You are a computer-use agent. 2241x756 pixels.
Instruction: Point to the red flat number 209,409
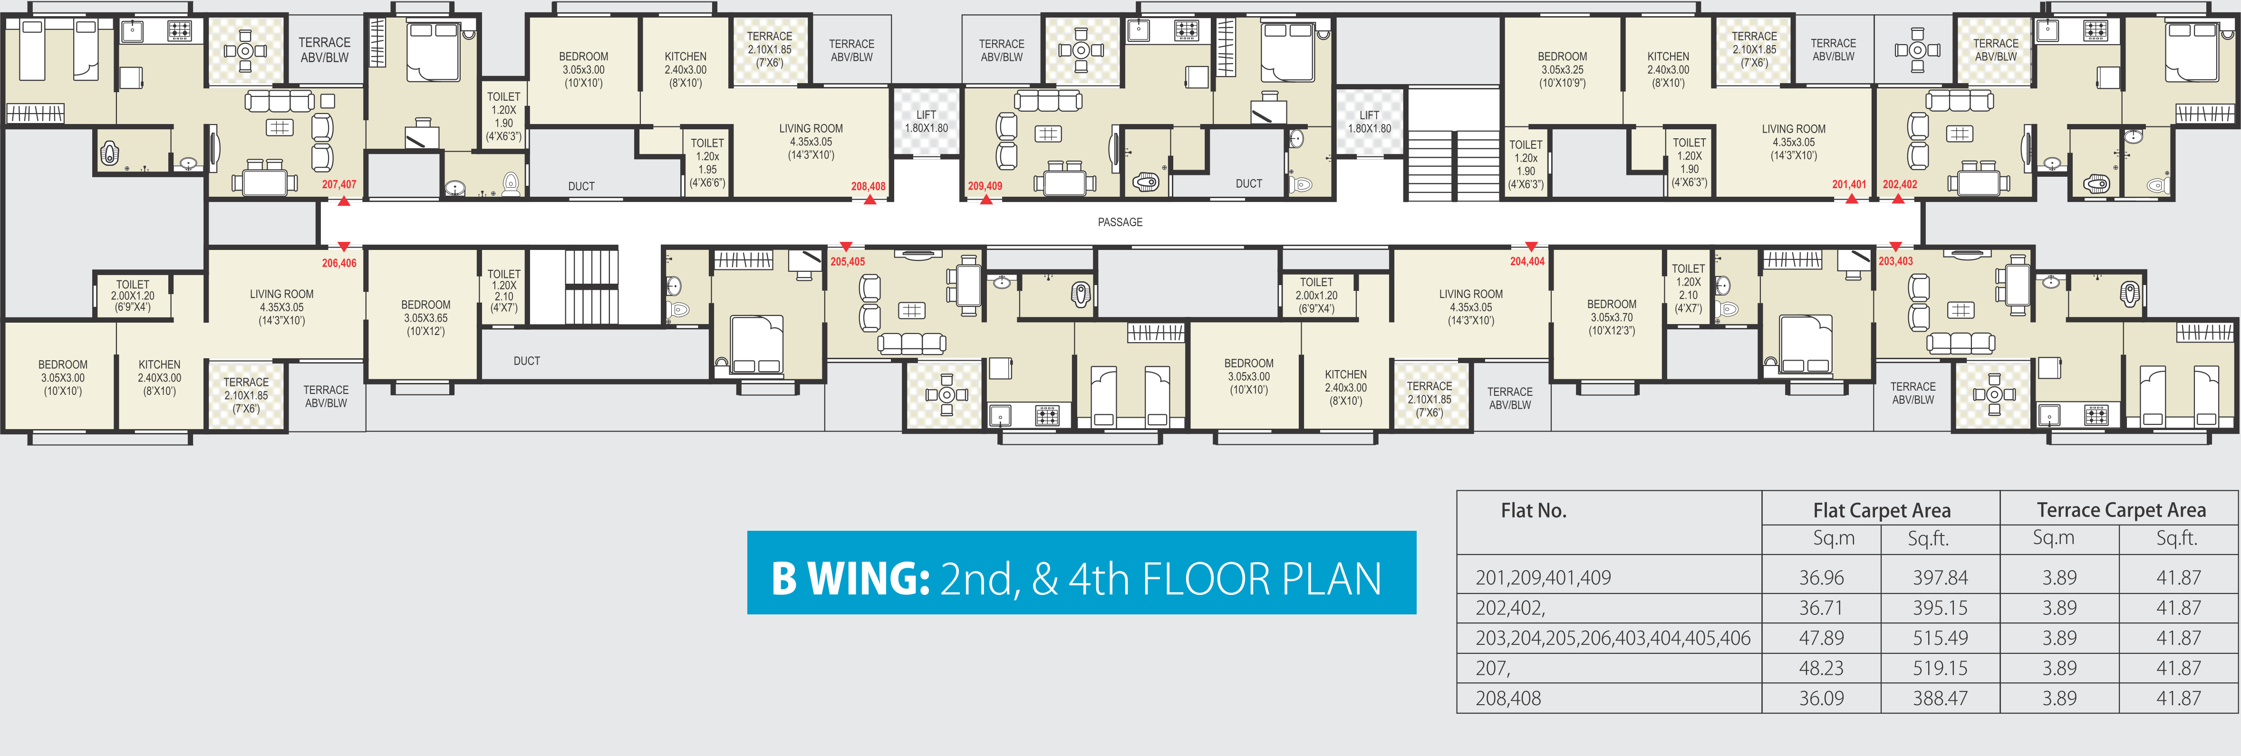985,186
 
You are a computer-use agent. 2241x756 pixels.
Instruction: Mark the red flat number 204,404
1527,261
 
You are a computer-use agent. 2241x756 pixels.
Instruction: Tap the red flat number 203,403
1896,261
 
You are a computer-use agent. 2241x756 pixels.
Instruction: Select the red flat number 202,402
1900,184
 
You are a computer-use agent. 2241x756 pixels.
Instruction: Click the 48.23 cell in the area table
1822,668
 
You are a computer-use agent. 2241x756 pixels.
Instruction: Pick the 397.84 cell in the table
1940,578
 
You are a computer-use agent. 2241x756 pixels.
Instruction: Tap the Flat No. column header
1534,511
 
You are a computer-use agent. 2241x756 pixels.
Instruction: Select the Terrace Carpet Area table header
2121,510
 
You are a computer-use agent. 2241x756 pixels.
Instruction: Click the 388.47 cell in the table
1940,699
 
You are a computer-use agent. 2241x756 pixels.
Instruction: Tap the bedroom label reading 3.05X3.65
425,318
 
